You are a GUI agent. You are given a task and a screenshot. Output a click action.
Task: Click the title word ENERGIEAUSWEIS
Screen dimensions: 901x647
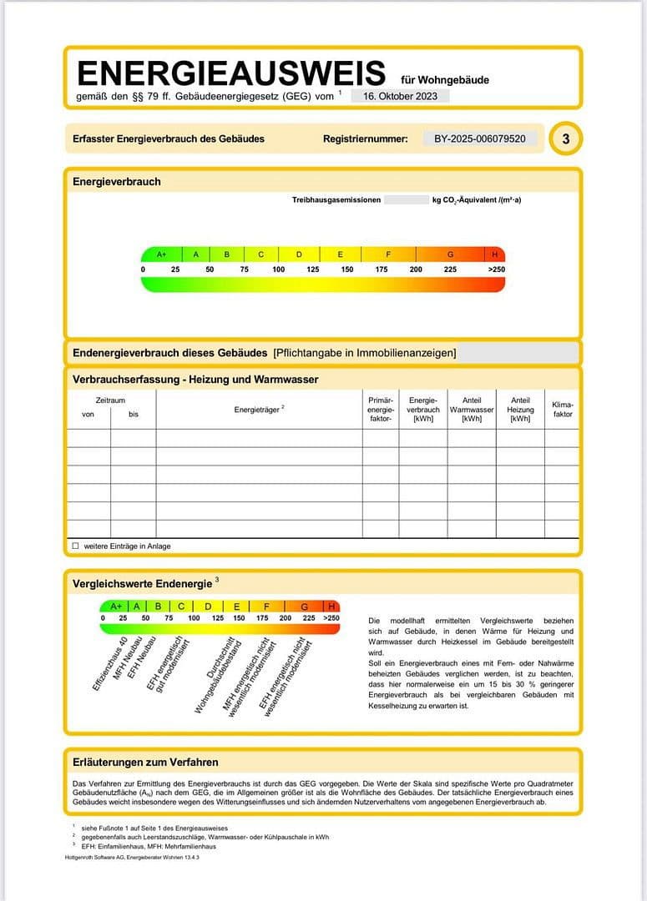point(231,74)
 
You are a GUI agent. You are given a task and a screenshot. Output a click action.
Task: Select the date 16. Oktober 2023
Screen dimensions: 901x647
point(400,96)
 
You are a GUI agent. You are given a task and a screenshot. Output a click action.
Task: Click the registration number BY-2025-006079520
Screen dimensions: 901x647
point(480,138)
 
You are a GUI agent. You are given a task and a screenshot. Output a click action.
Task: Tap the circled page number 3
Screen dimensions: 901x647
point(566,139)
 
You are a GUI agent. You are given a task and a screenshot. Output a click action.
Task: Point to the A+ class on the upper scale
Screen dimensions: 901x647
point(162,254)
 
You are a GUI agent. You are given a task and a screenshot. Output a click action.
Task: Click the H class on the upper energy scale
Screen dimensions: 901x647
point(495,254)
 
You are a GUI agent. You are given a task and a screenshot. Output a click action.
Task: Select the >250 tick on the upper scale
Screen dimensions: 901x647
point(496,269)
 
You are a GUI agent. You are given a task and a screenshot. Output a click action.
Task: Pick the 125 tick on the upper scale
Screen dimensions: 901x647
point(313,269)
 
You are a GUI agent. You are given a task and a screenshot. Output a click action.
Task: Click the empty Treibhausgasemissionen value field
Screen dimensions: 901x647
point(406,200)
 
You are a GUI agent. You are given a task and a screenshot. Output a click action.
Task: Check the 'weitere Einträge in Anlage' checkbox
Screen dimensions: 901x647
point(76,546)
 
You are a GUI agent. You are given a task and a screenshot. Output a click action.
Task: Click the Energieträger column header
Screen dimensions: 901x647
point(259,409)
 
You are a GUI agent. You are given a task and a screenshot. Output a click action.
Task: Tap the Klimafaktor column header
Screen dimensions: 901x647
point(563,410)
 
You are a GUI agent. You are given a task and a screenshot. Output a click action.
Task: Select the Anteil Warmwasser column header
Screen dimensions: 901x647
point(472,409)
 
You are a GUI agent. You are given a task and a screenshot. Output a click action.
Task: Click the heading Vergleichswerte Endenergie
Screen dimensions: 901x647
point(142,584)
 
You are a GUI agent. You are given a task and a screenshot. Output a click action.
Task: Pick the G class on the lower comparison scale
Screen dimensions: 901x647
point(305,607)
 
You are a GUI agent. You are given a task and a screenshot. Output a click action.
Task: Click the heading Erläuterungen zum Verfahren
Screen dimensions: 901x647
point(145,763)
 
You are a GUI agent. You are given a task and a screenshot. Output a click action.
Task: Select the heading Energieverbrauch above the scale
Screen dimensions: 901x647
point(116,182)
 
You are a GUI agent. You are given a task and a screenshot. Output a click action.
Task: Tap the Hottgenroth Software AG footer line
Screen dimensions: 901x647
point(132,857)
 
